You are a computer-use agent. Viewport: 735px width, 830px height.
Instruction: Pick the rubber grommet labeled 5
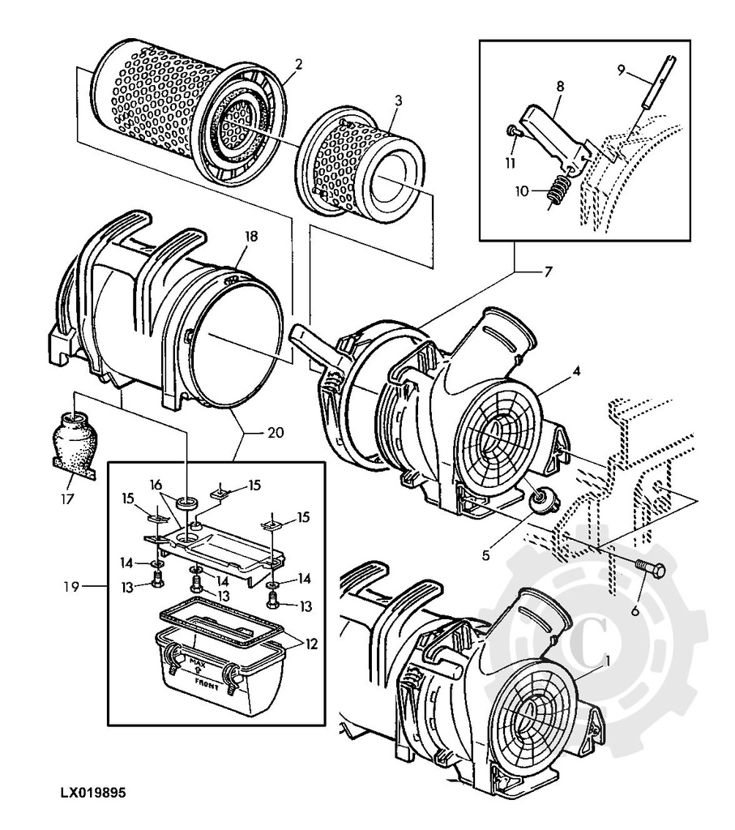pos(538,503)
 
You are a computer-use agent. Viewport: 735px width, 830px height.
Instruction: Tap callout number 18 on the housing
pos(251,237)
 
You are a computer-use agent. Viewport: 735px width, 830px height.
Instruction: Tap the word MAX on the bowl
pos(196,662)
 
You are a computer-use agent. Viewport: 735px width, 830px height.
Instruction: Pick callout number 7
pos(548,272)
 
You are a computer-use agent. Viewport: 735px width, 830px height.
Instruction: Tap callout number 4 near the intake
pos(576,371)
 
